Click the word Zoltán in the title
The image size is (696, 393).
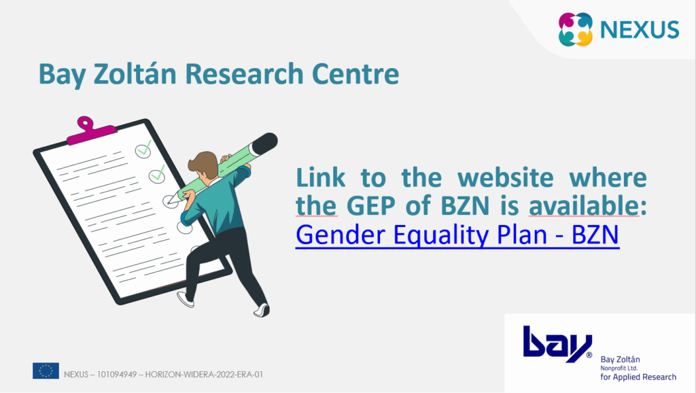pyautogui.click(x=135, y=73)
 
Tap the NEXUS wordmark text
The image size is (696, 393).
pyautogui.click(x=640, y=30)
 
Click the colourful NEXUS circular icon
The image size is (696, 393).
pyautogui.click(x=575, y=29)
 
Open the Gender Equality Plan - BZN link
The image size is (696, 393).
pyautogui.click(x=457, y=235)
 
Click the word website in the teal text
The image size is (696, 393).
pyautogui.click(x=506, y=177)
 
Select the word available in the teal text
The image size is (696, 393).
pyautogui.click(x=584, y=205)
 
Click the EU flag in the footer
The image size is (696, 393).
pyautogui.click(x=46, y=371)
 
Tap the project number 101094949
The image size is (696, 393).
pyautogui.click(x=117, y=375)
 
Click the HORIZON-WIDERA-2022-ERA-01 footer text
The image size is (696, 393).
pyautogui.click(x=204, y=375)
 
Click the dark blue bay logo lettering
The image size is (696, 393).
pyautogui.click(x=557, y=344)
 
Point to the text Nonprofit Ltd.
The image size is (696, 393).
pyautogui.click(x=619, y=368)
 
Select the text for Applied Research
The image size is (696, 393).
pyautogui.click(x=638, y=377)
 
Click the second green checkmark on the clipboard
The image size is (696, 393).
pyautogui.click(x=157, y=175)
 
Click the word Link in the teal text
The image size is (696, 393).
pyautogui.click(x=321, y=177)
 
